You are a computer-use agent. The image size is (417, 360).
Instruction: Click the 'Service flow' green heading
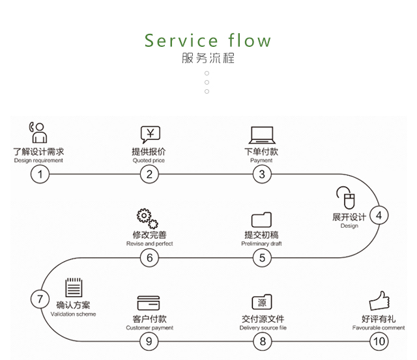click(x=208, y=40)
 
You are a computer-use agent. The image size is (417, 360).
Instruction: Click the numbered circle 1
click(x=40, y=174)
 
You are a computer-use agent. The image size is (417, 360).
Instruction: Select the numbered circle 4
click(x=379, y=215)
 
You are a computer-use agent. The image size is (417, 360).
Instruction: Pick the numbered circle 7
click(x=40, y=299)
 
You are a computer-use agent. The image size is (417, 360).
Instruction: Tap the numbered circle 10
click(x=379, y=340)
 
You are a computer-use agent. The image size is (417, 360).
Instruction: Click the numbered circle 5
click(x=262, y=257)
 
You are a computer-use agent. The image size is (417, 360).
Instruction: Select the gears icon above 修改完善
click(x=148, y=218)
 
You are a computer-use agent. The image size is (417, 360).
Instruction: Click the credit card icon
click(x=149, y=303)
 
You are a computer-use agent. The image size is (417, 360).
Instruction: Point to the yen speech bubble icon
click(x=150, y=135)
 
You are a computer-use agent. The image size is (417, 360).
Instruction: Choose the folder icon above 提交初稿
click(x=261, y=219)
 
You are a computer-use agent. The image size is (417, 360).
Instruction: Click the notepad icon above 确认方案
click(x=74, y=288)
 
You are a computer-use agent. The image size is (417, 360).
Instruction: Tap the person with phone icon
click(x=37, y=132)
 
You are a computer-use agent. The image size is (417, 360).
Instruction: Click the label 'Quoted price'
click(x=149, y=160)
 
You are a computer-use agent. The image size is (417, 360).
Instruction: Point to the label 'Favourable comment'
click(x=379, y=328)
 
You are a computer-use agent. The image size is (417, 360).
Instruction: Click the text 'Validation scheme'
click(x=73, y=314)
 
